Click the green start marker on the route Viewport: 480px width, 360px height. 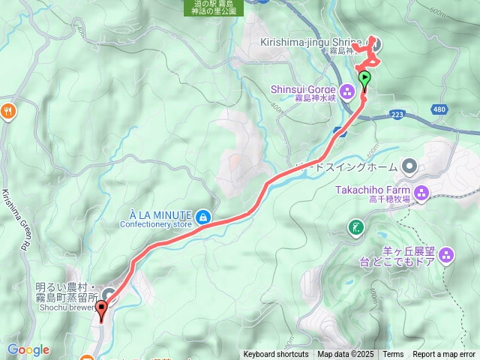[x=364, y=78]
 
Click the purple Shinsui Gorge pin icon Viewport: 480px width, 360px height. [x=346, y=93]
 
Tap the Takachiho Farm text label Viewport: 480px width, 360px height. [x=372, y=191]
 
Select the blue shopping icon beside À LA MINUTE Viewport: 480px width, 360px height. [x=202, y=218]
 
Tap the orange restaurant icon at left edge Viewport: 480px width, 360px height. [x=8, y=111]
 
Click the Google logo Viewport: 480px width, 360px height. [x=28, y=349]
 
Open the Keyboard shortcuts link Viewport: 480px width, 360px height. [x=275, y=355]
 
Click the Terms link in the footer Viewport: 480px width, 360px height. [x=393, y=355]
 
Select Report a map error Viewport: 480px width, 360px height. [x=444, y=355]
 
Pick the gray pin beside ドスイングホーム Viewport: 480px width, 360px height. [x=409, y=165]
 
